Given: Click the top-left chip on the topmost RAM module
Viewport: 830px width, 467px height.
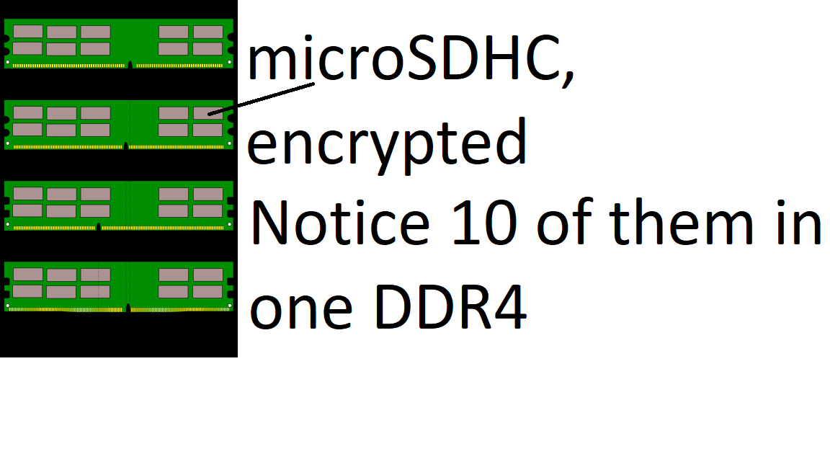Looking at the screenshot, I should point(27,32).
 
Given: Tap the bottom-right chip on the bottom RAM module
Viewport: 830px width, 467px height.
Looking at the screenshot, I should point(208,291).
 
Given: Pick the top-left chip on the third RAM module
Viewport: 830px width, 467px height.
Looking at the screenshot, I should point(27,194).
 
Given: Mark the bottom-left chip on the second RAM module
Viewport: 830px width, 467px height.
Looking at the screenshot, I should point(27,130).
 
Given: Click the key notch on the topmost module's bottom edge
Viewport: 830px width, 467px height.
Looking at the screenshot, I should point(130,65).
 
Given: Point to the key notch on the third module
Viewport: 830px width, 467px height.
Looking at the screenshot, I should point(98,227).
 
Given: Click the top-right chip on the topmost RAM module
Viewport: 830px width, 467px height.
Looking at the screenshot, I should point(208,32).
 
